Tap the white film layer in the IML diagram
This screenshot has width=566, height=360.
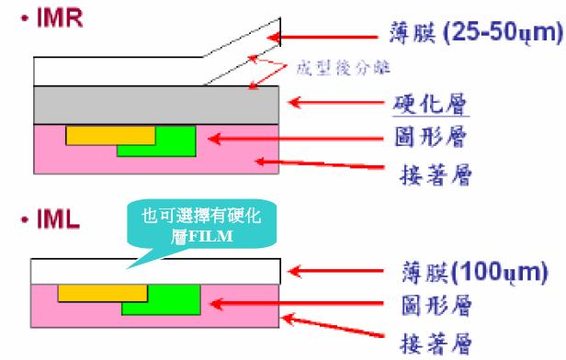(156, 272)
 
